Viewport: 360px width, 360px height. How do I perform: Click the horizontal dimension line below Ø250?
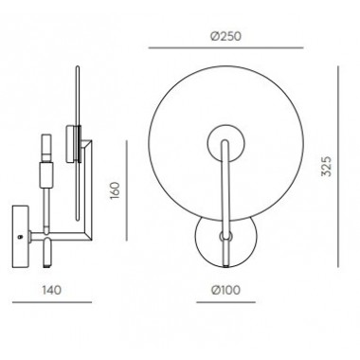[x=225, y=48]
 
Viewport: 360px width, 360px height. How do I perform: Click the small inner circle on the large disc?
[x=225, y=141]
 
